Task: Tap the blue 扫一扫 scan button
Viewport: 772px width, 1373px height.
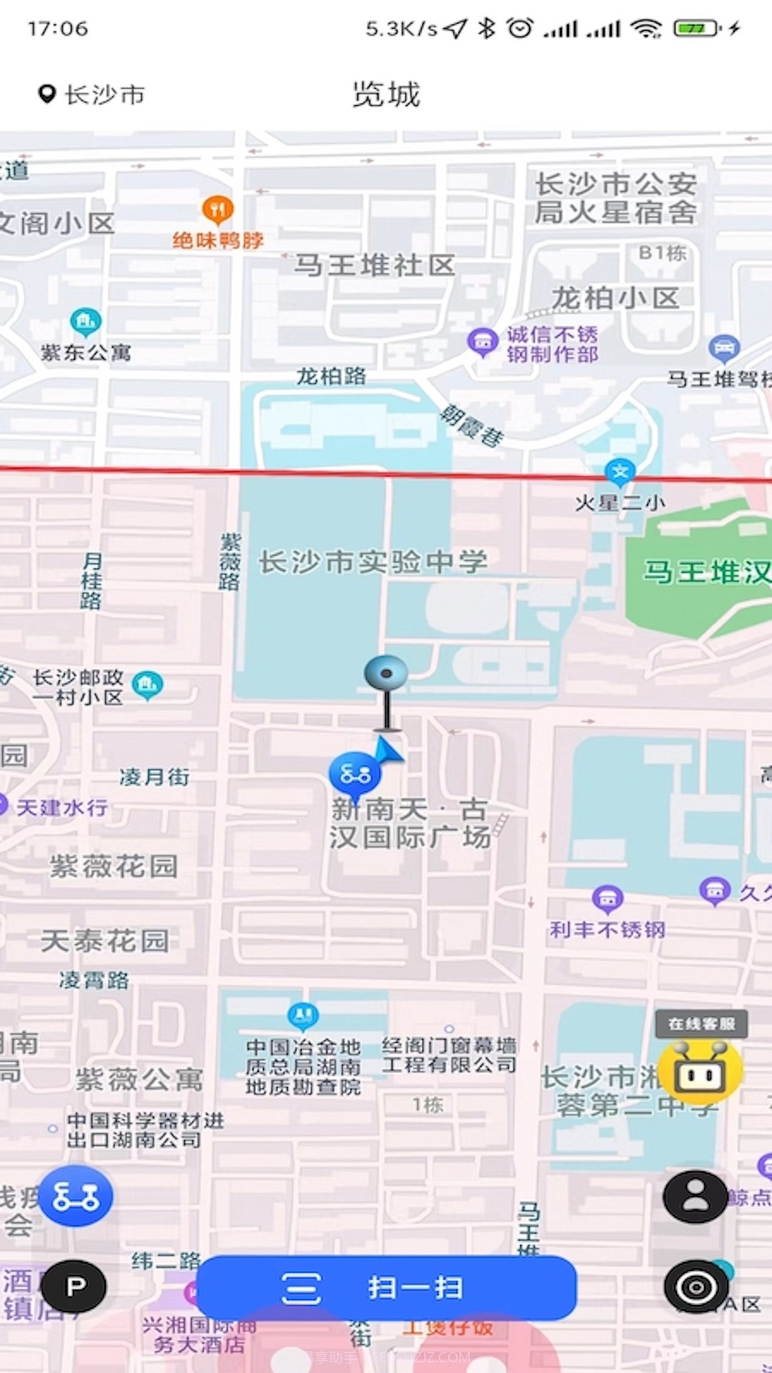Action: [x=386, y=1288]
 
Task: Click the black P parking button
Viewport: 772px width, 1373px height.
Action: [x=74, y=1286]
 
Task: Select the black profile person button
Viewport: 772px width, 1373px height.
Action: [x=695, y=1196]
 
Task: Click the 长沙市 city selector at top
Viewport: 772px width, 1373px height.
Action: [x=91, y=94]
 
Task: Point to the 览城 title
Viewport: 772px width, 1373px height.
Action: [x=386, y=94]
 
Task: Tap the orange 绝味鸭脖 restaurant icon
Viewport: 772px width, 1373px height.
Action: [x=218, y=210]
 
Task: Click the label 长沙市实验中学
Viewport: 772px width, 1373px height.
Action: [x=372, y=562]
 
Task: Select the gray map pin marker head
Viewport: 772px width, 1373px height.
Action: [x=386, y=673]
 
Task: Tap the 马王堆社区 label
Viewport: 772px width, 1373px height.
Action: [x=375, y=265]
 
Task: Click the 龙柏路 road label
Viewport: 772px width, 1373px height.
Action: [x=331, y=376]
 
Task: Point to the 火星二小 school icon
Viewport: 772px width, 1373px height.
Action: [x=620, y=472]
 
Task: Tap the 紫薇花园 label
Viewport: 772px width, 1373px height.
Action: [x=114, y=867]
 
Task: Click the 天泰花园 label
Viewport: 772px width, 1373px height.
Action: [x=105, y=941]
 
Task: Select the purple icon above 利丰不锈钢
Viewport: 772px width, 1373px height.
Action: [x=608, y=898]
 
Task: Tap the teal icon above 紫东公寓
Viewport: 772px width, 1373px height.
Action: [x=86, y=323]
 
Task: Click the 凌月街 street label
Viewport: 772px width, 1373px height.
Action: [x=154, y=777]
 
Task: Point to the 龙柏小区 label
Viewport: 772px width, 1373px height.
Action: [x=615, y=298]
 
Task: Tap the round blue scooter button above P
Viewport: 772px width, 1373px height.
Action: [x=76, y=1196]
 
